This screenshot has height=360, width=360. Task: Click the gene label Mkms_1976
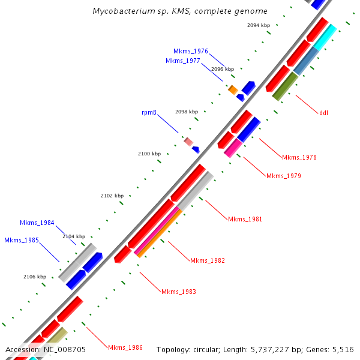(x=190, y=52)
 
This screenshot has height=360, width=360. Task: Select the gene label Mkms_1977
(x=182, y=61)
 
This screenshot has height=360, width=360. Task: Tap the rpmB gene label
(x=149, y=112)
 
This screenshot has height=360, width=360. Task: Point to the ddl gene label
(x=323, y=112)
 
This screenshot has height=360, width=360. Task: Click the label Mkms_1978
(x=299, y=157)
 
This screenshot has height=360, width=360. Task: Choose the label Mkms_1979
(x=283, y=176)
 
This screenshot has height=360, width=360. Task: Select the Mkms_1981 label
(x=245, y=219)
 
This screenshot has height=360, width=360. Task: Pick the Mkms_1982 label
(x=207, y=260)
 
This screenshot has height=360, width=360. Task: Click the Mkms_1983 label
(x=178, y=292)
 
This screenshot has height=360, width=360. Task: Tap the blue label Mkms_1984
(x=37, y=223)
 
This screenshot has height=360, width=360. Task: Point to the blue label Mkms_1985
(x=21, y=241)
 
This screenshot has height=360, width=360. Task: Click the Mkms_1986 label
(x=125, y=347)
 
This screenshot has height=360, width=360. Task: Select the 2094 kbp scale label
(x=259, y=25)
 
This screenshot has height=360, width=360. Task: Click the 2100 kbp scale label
(x=149, y=154)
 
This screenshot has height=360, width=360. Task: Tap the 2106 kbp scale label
(x=34, y=277)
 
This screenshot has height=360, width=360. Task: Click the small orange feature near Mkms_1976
(x=233, y=90)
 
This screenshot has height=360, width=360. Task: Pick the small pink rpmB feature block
(x=188, y=142)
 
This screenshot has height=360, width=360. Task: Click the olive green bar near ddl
(x=285, y=86)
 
